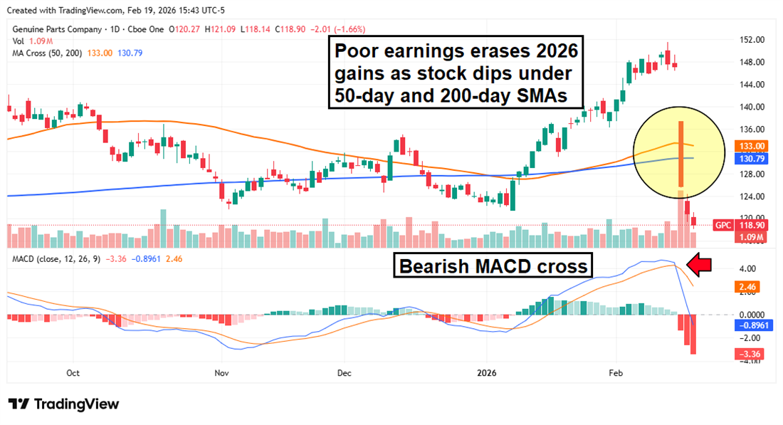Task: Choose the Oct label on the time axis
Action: click(x=72, y=372)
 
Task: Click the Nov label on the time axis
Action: click(x=221, y=372)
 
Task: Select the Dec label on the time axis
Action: click(x=345, y=372)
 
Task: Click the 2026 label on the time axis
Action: click(x=488, y=372)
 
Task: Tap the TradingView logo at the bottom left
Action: click(x=64, y=404)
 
